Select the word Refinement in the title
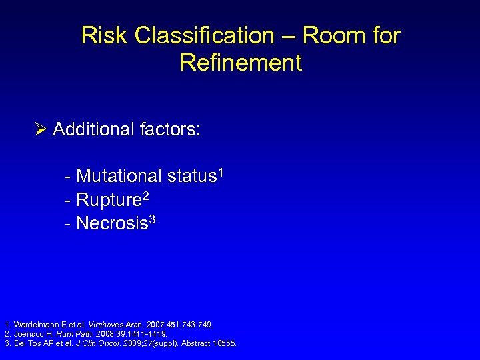point(241,63)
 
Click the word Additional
point(89,129)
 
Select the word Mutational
point(119,177)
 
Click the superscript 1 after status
point(220,173)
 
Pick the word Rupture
point(108,200)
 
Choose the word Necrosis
point(111,223)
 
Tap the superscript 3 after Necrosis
point(152,219)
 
